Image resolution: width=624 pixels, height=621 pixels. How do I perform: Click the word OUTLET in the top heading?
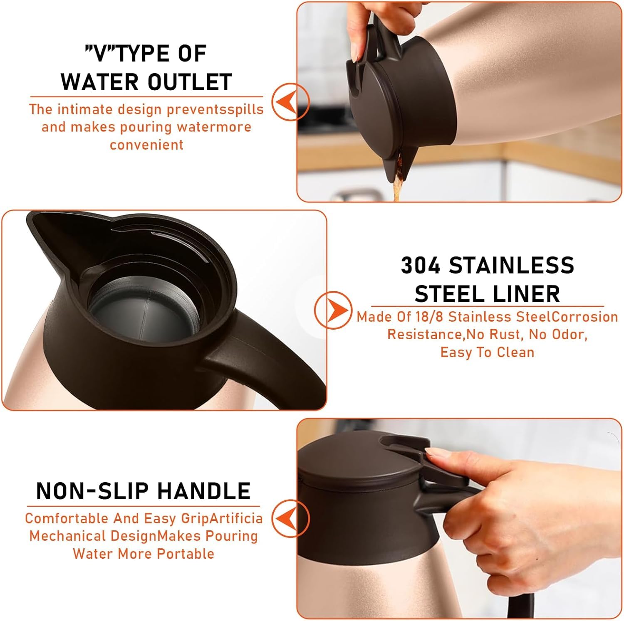tap(190, 81)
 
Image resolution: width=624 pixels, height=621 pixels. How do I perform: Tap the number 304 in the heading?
tap(421, 265)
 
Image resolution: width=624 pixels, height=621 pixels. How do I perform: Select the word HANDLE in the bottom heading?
tap(204, 490)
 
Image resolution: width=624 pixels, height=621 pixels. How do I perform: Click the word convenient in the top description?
tap(146, 145)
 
